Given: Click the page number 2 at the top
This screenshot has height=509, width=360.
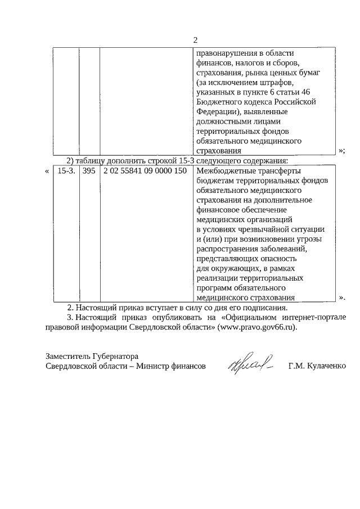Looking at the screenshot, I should pos(195,40).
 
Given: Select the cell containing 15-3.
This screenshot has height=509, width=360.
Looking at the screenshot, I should pos(66,170).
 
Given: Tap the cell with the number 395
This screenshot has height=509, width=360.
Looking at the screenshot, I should pos(89,170).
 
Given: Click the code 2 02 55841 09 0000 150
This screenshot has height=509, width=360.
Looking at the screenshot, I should pos(145,170).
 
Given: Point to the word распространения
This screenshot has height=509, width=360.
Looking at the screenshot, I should pos(227,249).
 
